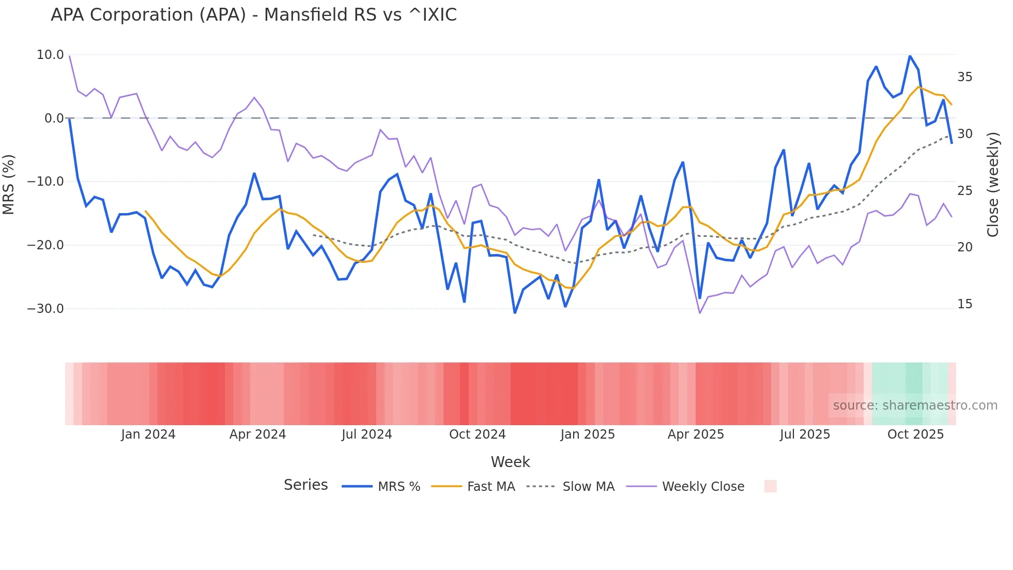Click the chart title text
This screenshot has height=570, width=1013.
253,15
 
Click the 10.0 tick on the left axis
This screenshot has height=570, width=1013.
50,55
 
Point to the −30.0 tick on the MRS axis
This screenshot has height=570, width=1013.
45,309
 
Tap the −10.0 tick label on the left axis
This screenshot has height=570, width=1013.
45,182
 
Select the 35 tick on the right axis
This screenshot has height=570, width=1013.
964,77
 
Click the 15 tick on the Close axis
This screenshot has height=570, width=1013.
964,304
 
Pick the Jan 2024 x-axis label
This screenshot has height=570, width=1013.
148,434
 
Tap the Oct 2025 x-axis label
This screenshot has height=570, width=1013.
915,434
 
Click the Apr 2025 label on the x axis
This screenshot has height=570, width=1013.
696,434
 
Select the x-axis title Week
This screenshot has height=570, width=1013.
510,462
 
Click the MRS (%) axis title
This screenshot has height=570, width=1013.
9,184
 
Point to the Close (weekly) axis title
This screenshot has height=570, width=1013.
993,185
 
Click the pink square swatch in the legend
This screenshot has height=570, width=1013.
770,486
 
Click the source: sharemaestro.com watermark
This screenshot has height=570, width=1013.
915,406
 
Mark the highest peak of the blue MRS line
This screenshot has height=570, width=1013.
910,56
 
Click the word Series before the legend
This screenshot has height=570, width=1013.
305,485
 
